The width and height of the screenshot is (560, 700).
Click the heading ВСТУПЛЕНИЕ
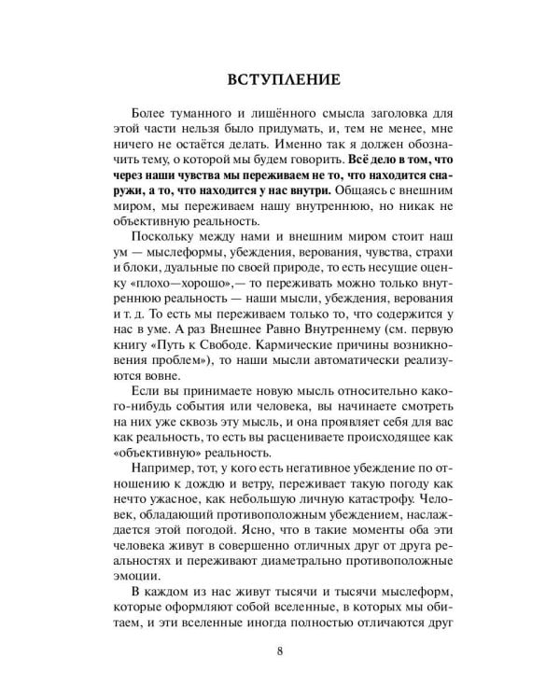point(279,78)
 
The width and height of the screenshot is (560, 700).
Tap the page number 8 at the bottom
point(280,651)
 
